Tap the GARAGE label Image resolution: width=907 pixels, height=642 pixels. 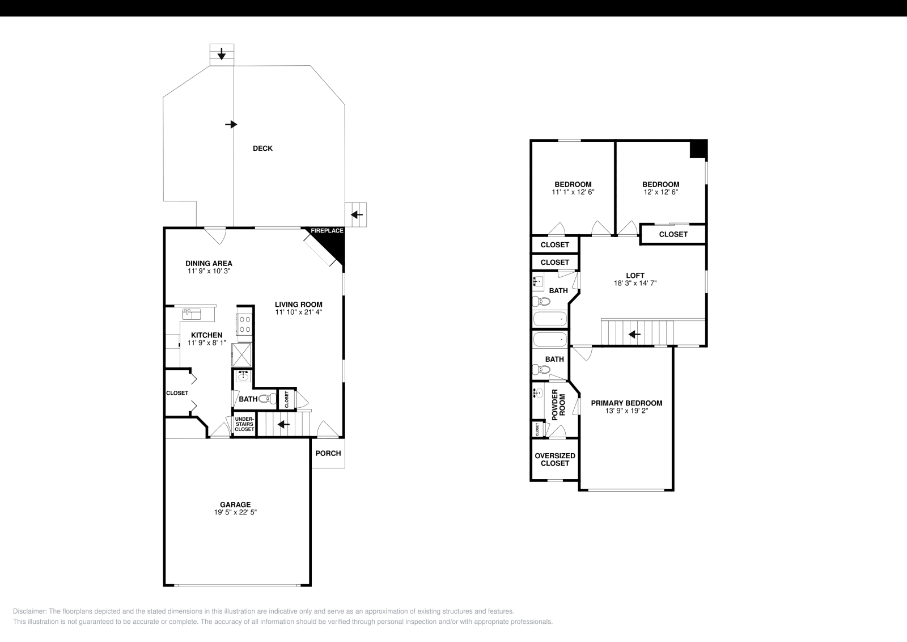tap(235, 504)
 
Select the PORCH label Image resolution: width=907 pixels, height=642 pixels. tap(328, 453)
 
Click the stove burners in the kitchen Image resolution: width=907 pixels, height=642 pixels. tap(245, 324)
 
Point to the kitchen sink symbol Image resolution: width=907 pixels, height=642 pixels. tap(191, 314)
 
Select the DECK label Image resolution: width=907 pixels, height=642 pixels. tap(262, 149)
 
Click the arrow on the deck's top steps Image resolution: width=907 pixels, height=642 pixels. tap(222, 54)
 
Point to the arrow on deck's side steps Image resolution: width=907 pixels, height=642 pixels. tap(357, 215)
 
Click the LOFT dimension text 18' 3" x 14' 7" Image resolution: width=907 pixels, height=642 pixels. tap(635, 283)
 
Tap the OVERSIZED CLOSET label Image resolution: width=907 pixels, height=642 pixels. tap(554, 459)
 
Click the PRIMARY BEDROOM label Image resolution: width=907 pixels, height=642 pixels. tap(626, 403)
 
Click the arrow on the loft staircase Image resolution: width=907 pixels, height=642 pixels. tap(634, 335)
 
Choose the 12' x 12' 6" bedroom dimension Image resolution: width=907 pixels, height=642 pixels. tap(660, 192)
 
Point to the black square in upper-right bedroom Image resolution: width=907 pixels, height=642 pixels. tap(698, 149)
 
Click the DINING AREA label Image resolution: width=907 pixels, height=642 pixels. tap(209, 263)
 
